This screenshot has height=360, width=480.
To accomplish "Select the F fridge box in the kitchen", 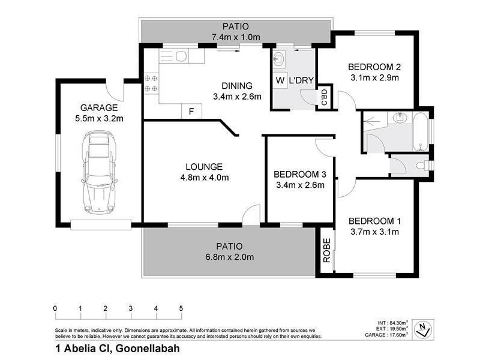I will pyautogui.click(x=191, y=112).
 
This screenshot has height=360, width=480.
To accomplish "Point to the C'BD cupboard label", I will pyautogui.click(x=324, y=97).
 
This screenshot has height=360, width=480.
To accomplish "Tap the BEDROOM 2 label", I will pyautogui.click(x=374, y=67).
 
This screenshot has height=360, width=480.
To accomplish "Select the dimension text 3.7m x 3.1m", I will pyautogui.click(x=374, y=232).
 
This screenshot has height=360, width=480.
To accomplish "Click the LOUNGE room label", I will pyautogui.click(x=204, y=166).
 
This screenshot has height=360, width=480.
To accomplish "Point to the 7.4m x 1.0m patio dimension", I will pyautogui.click(x=235, y=37).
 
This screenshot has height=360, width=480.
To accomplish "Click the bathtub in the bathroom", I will pyautogui.click(x=422, y=131).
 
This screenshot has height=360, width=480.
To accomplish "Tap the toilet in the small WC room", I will pyautogui.click(x=422, y=164).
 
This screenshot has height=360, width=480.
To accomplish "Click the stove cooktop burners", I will pyautogui.click(x=151, y=83).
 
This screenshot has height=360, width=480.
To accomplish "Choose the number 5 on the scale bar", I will pyautogui.click(x=181, y=309).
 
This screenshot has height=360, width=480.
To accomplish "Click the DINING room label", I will pyautogui.click(x=236, y=86).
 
